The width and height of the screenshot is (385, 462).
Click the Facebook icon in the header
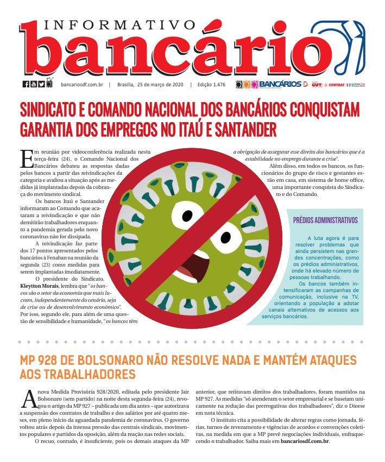pyautogui.click(x=26, y=84)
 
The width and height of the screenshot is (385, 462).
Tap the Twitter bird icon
pyautogui.click(x=41, y=84)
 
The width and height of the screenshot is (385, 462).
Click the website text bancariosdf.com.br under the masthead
pyautogui.click(x=82, y=85)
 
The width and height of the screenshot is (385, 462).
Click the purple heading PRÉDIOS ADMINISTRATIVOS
pyautogui.click(x=325, y=220)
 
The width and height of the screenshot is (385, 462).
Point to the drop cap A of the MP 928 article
pyautogui.click(x=28, y=398)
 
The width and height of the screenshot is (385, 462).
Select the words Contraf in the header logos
pyautogui.click(x=337, y=85)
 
